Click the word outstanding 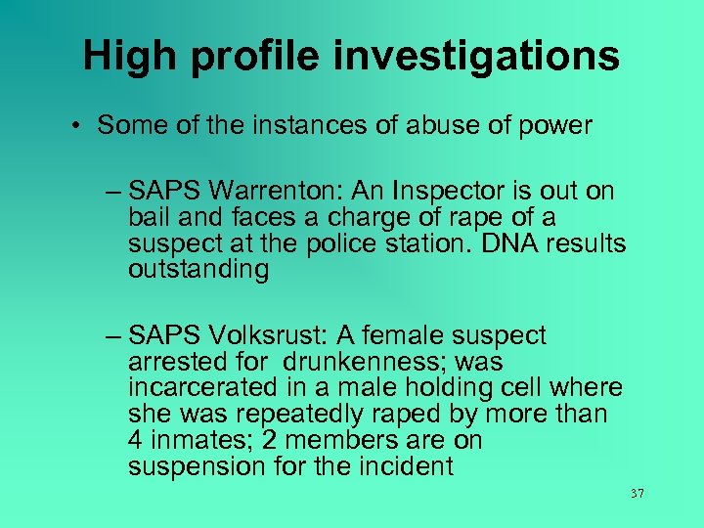tap(198, 270)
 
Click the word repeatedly tap(321, 415)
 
